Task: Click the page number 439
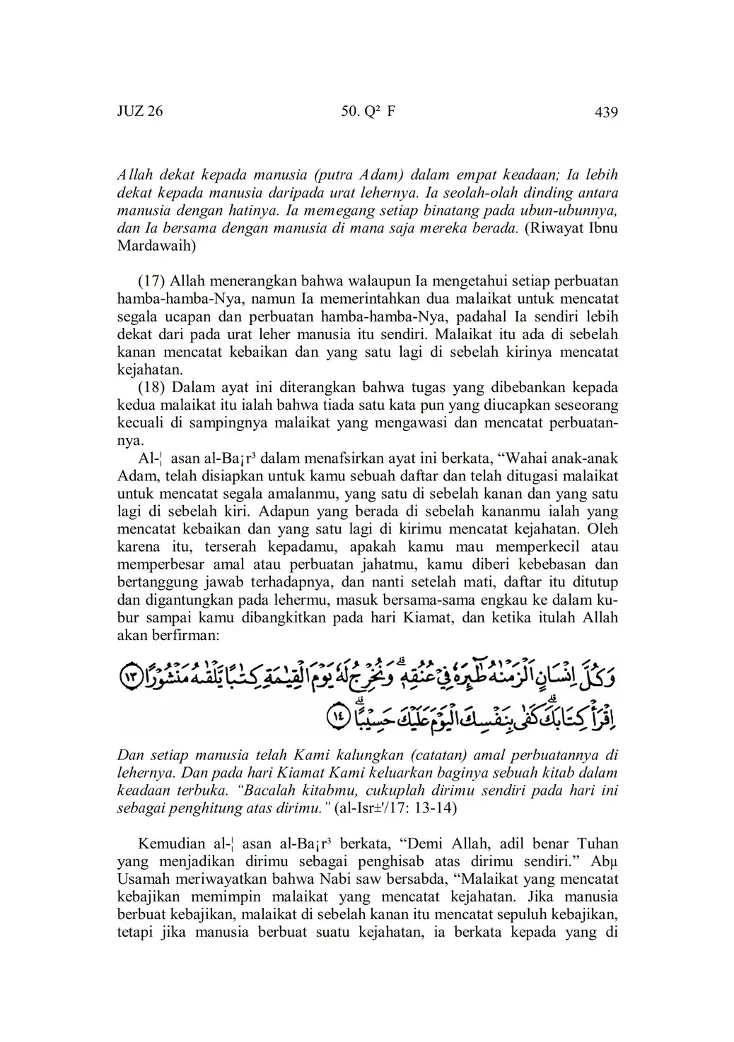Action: (607, 112)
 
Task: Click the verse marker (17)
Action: (151, 281)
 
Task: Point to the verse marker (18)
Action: (151, 387)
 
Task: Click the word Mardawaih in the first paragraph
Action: (156, 247)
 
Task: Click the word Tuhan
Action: (598, 843)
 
